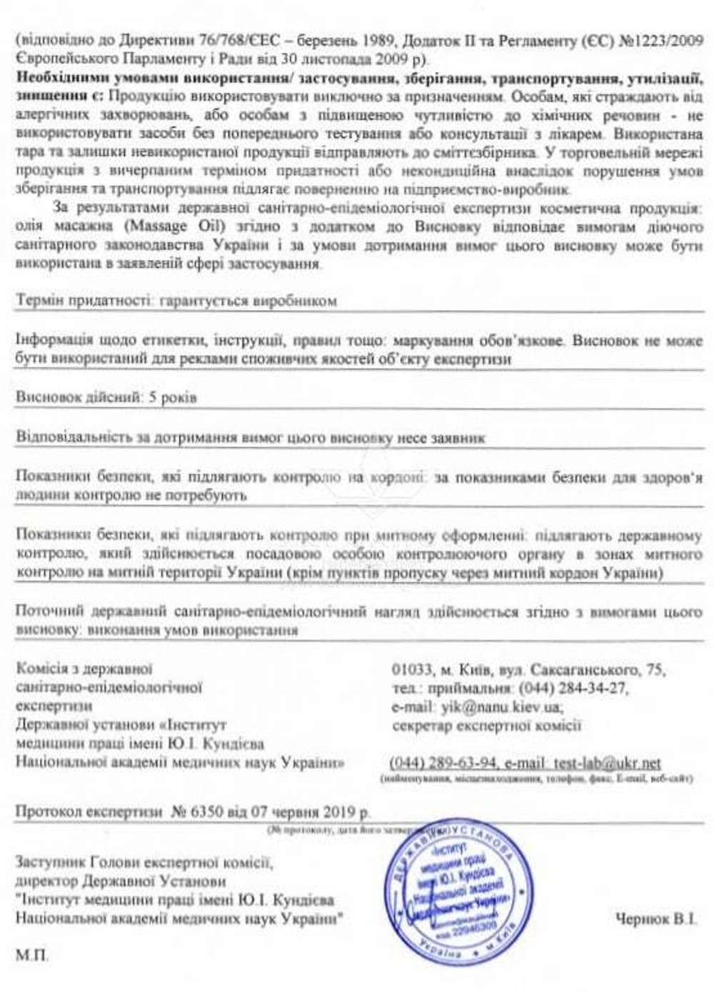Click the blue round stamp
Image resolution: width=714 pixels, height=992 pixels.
pos(452,890)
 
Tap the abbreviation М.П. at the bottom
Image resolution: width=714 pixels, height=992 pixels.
pos(32,955)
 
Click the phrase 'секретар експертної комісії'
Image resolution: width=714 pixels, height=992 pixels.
pos(487,726)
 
